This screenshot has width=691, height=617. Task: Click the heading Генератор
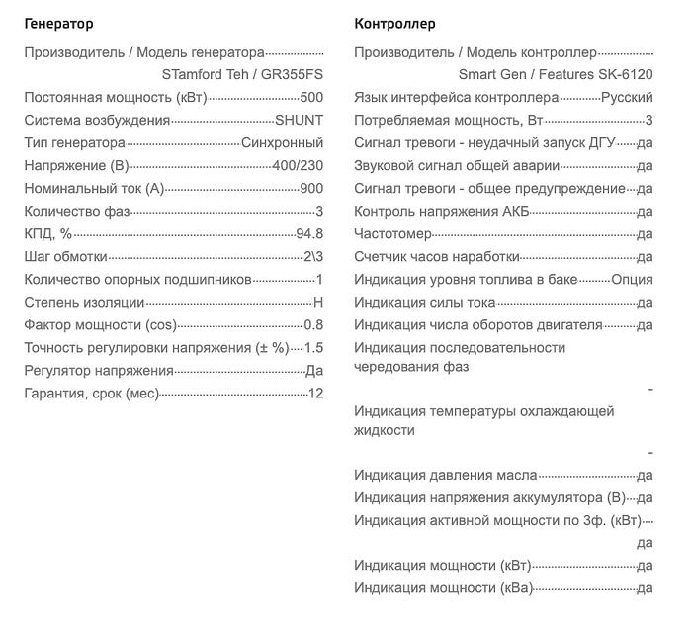point(58,24)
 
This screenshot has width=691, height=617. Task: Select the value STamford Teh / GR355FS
point(242,74)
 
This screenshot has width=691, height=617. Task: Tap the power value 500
point(310,97)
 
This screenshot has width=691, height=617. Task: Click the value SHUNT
point(299,120)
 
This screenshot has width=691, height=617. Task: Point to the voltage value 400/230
point(297,165)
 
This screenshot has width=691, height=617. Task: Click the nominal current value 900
point(310,188)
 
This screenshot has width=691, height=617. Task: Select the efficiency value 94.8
point(308,233)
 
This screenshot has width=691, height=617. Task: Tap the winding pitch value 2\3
point(312,256)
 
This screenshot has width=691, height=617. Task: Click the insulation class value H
point(318,302)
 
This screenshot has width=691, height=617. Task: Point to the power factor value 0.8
point(313,324)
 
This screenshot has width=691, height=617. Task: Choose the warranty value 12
point(315,394)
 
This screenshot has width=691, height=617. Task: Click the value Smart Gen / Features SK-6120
point(556,74)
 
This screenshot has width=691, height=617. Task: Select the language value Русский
point(627,97)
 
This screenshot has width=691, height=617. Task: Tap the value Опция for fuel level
point(632,279)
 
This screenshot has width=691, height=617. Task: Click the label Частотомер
point(392,233)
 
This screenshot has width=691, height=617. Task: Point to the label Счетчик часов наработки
point(422,256)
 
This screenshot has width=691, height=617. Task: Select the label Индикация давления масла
point(446,475)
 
